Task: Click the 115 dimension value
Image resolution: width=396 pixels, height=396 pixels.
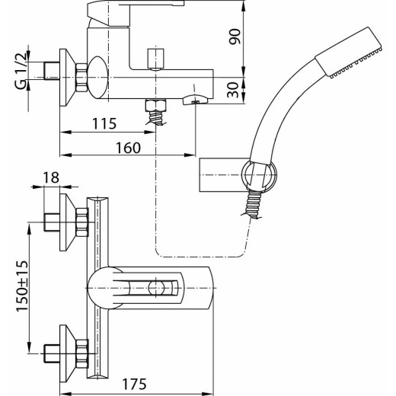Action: click(104, 123)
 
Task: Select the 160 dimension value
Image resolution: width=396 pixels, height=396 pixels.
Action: click(128, 148)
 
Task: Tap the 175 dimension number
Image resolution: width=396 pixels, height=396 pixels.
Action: click(135, 384)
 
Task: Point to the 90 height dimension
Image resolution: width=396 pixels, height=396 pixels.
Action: click(235, 37)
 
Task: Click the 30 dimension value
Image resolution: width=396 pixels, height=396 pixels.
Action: click(233, 90)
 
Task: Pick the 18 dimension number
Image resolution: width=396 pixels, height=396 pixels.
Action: click(51, 177)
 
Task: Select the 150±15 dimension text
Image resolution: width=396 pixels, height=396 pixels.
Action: click(22, 286)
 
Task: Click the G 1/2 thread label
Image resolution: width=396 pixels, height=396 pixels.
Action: click(21, 71)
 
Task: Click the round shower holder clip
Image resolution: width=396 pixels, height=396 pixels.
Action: click(259, 175)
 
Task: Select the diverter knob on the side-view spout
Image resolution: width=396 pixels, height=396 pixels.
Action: click(155, 59)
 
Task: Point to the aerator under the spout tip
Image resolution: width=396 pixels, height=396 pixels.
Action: click(195, 99)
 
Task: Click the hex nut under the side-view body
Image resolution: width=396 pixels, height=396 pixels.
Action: click(155, 105)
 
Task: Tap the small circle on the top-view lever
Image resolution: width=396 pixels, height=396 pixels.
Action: click(156, 288)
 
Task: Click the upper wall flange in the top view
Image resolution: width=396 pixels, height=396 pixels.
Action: click(67, 222)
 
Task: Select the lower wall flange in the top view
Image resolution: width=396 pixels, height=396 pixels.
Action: click(67, 353)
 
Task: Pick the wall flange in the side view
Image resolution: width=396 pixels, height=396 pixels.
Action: click(67, 77)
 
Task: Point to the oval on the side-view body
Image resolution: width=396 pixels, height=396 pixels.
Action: click(98, 77)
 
